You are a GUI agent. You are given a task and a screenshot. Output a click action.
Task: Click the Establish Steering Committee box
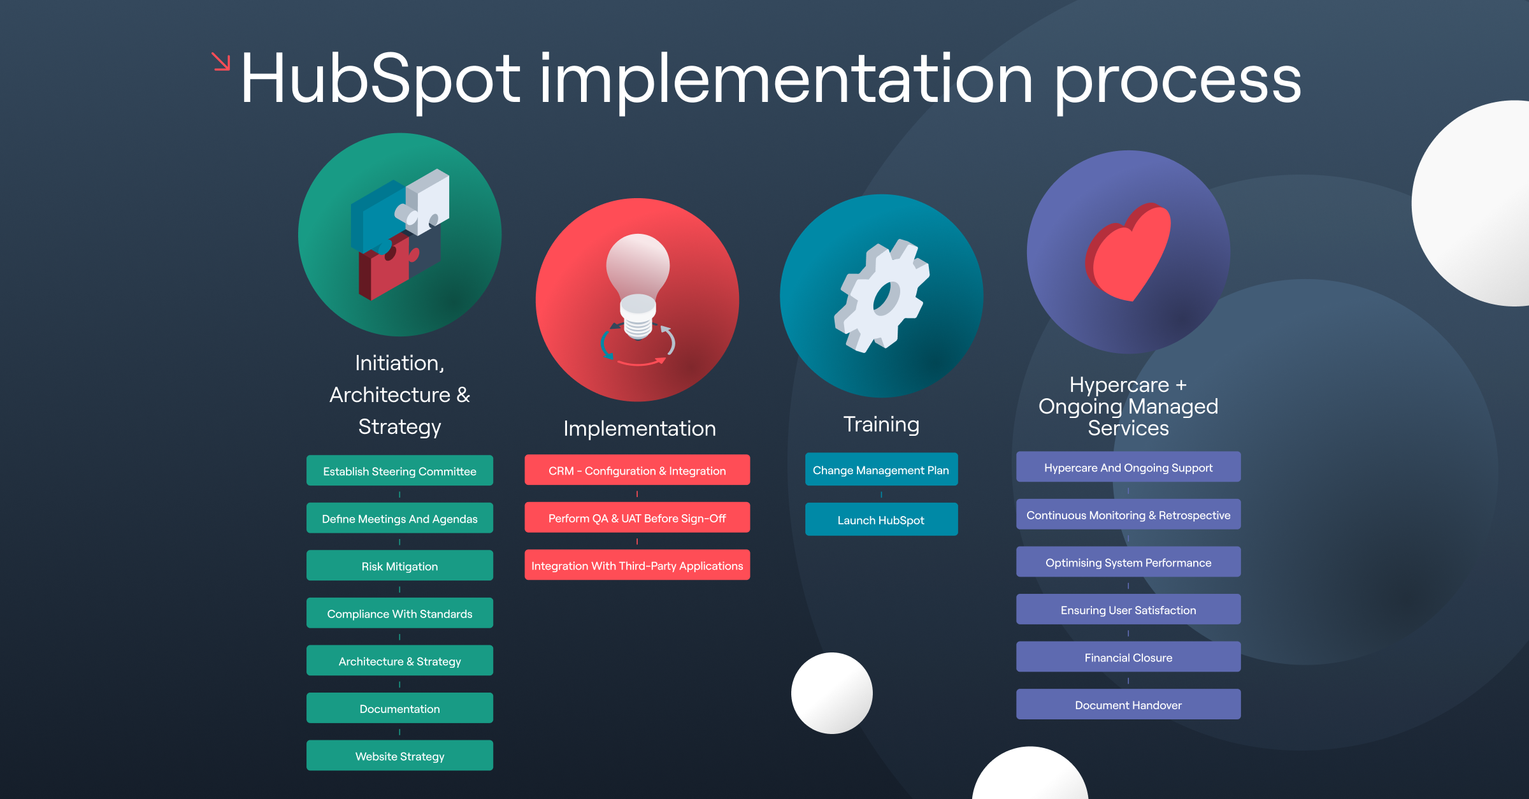point(399,471)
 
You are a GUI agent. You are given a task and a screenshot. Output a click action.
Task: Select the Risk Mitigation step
point(399,566)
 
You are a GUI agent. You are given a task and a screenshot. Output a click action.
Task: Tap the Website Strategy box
point(399,756)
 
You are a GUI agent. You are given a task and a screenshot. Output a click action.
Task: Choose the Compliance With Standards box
point(399,613)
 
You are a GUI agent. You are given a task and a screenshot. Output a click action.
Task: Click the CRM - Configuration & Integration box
point(637,470)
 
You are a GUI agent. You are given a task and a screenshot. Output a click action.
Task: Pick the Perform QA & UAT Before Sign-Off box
point(637,518)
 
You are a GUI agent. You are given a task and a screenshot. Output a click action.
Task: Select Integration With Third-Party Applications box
point(637,565)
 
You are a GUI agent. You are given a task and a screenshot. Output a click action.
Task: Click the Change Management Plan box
point(881,470)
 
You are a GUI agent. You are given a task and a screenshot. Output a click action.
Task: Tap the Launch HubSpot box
point(881,519)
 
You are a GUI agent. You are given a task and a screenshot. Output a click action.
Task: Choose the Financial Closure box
point(1128,657)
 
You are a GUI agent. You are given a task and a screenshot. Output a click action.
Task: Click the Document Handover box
point(1128,705)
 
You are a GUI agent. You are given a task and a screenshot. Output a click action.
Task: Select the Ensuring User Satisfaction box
point(1128,610)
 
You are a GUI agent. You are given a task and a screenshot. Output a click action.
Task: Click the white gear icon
point(882,296)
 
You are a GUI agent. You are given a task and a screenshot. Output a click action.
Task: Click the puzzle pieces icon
point(399,234)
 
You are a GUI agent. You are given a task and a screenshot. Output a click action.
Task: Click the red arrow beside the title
point(220,62)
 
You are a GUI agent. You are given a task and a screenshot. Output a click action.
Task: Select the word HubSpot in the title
point(380,79)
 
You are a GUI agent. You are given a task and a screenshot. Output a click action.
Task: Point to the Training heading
point(881,424)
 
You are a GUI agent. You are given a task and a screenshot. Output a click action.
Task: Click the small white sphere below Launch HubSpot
point(831,693)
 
